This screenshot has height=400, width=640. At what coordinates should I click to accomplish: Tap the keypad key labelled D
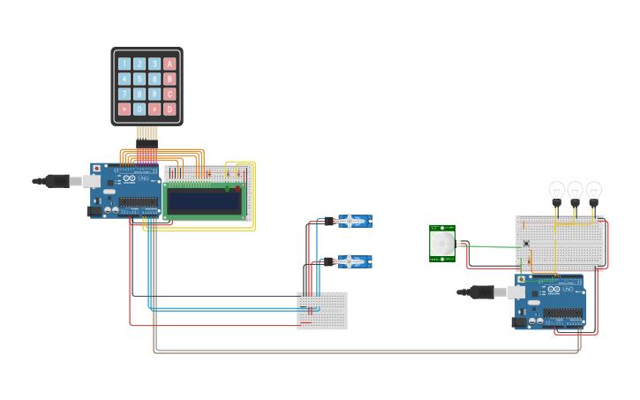point(169,109)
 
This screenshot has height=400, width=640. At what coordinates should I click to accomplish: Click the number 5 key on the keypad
point(139,79)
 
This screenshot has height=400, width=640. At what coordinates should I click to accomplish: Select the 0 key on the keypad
point(139,109)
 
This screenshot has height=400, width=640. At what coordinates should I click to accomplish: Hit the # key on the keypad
point(154,109)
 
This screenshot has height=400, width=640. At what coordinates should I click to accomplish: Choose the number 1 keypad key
point(124,64)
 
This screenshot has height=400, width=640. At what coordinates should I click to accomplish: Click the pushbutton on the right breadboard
point(527,245)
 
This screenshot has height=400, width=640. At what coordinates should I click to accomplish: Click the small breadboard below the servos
point(321,311)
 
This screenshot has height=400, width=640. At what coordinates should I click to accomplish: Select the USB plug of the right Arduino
point(482,291)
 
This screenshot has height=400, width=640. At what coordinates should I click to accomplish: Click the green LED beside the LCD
point(227,188)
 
